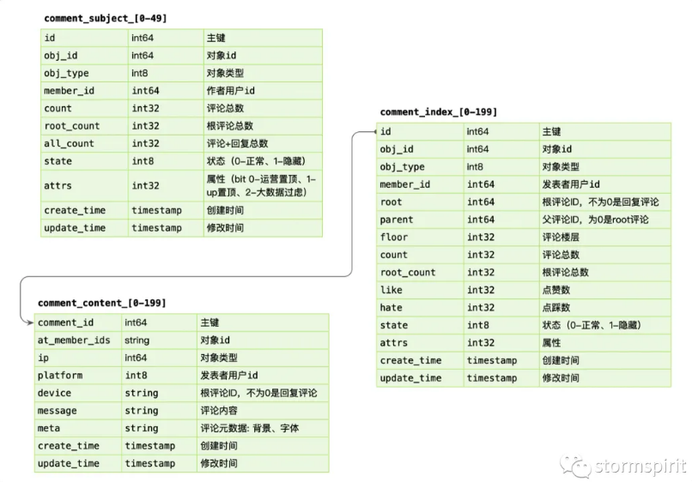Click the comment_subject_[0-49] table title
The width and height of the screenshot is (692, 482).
point(106,19)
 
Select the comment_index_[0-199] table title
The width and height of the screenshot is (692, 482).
point(438,112)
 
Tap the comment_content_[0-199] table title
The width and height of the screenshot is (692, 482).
point(102,303)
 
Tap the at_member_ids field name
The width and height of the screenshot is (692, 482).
point(74,340)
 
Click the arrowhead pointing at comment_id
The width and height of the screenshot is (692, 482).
point(30,322)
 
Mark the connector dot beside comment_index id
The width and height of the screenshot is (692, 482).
point(375,131)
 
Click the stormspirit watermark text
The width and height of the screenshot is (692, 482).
point(640,466)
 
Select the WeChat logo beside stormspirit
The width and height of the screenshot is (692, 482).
point(575,467)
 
